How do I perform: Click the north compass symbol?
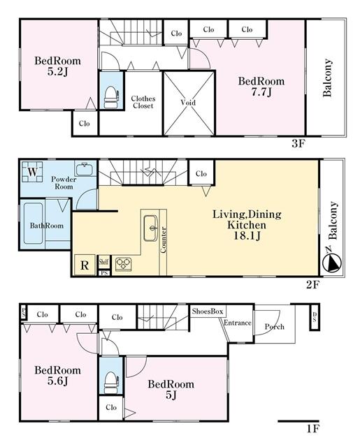click(332, 263)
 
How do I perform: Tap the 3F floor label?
click(298, 144)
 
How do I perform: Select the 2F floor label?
click(313, 284)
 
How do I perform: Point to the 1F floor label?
click(313, 429)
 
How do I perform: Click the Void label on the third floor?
click(188, 103)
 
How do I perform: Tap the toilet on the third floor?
click(111, 97)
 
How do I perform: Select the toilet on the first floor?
click(111, 383)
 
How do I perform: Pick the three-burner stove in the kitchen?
click(124, 264)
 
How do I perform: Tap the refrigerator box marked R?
click(85, 265)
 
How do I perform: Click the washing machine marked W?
click(32, 172)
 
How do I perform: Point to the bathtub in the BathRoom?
click(34, 223)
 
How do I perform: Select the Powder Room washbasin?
click(84, 169)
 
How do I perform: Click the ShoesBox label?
click(208, 311)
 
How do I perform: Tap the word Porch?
click(275, 327)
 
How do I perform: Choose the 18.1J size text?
click(247, 236)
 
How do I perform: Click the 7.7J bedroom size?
click(261, 92)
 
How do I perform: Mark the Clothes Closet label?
click(143, 102)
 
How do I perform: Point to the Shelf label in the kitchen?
click(103, 261)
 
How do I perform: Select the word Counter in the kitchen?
click(164, 240)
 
